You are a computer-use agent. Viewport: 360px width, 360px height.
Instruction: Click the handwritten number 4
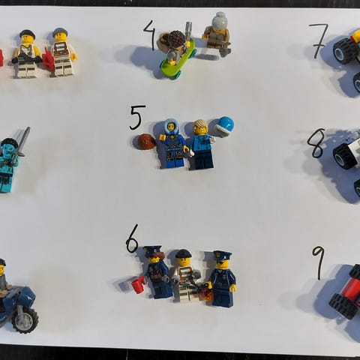149,34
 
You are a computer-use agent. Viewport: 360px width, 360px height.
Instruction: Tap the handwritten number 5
136,117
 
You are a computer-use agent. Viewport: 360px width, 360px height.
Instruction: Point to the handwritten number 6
132,239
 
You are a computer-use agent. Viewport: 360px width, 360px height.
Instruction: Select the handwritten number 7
319,40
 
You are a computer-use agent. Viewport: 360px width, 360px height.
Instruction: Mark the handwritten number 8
316,143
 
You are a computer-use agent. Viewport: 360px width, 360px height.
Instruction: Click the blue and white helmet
224,126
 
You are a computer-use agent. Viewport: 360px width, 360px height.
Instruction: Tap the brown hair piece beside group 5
144,142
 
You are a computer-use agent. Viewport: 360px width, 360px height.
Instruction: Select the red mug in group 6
138,284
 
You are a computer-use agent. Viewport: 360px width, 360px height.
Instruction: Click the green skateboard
178,58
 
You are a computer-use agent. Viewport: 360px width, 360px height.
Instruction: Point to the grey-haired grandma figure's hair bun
219,16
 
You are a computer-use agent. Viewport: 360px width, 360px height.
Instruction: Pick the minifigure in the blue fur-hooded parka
172,143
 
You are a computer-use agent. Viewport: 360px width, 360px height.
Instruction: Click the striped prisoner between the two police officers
186,274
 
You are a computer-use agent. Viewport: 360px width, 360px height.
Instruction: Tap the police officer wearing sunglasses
223,279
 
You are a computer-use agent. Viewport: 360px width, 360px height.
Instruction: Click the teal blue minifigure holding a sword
9,165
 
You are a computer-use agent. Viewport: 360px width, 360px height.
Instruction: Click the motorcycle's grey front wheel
25,319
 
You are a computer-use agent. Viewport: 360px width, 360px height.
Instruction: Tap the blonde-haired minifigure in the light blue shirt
202,144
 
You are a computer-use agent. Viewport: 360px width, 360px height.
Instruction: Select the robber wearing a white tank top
26,54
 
